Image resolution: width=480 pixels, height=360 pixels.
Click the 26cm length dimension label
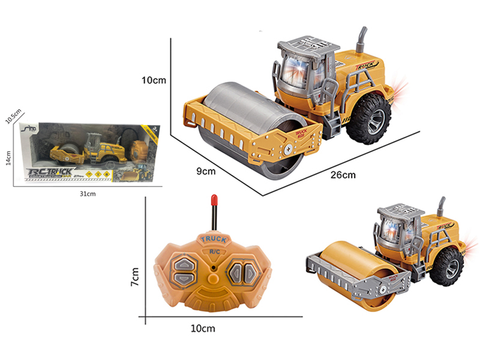point(344,175)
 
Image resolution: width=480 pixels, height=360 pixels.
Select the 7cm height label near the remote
point(136,275)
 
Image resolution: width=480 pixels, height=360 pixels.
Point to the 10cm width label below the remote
point(204,328)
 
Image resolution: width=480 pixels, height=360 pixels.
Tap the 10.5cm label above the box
point(13,116)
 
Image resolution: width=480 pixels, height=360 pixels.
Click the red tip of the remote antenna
point(213,199)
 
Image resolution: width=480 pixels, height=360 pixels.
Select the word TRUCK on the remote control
point(214,239)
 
